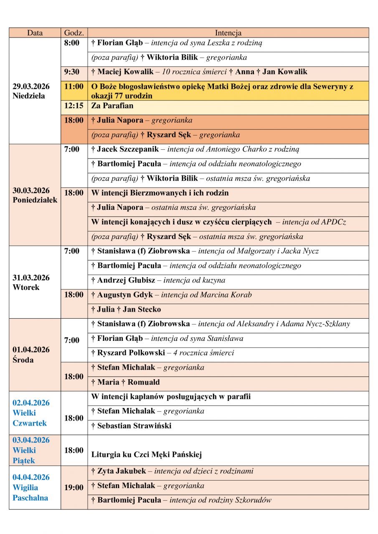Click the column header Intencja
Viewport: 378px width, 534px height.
228,33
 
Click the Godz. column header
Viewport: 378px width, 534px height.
74,33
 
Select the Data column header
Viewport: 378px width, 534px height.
35,33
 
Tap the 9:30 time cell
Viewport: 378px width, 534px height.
72,72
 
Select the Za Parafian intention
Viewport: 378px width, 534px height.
112,106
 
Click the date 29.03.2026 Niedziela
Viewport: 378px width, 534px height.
31,91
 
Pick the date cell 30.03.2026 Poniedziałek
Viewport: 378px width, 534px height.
35,195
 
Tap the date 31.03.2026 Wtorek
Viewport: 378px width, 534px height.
31,282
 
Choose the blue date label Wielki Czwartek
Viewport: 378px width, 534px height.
30,413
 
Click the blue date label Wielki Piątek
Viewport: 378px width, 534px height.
30,450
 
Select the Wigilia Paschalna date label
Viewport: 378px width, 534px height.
31,487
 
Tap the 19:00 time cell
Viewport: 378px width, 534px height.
74,487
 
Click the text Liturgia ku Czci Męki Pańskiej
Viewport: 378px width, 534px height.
147,454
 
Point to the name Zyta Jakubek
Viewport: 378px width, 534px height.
122,471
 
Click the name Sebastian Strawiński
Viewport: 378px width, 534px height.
134,426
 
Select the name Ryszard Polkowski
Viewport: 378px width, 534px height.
131,353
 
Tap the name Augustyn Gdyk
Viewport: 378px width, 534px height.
125,295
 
